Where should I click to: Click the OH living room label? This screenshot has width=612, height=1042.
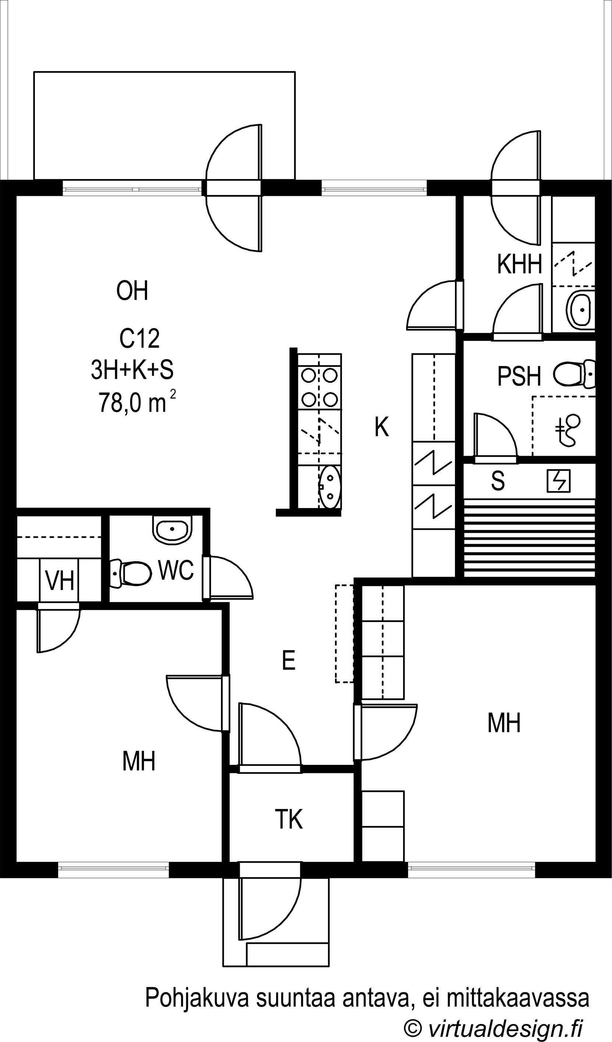132,290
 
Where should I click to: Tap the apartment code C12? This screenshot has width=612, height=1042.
139,338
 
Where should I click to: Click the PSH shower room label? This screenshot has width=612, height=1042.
519,376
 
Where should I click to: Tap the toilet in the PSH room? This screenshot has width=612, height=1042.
575,374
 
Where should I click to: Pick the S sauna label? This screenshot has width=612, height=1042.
498,480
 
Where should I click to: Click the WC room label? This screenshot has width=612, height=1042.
176,570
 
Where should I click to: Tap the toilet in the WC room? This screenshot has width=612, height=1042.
130,573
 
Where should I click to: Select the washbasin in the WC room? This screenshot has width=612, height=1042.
172,530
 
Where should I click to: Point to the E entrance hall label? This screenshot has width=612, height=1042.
288,660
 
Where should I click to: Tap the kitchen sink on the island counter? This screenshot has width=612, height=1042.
330,487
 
